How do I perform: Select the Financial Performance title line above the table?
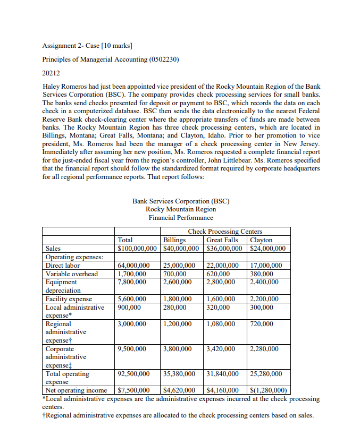tap(181, 217)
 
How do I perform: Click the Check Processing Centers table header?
tap(225, 232)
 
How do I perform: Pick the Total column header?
tap(125, 240)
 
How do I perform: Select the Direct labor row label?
tap(63, 265)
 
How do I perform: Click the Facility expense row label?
tap(69, 299)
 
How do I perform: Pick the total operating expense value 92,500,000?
tap(133, 374)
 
